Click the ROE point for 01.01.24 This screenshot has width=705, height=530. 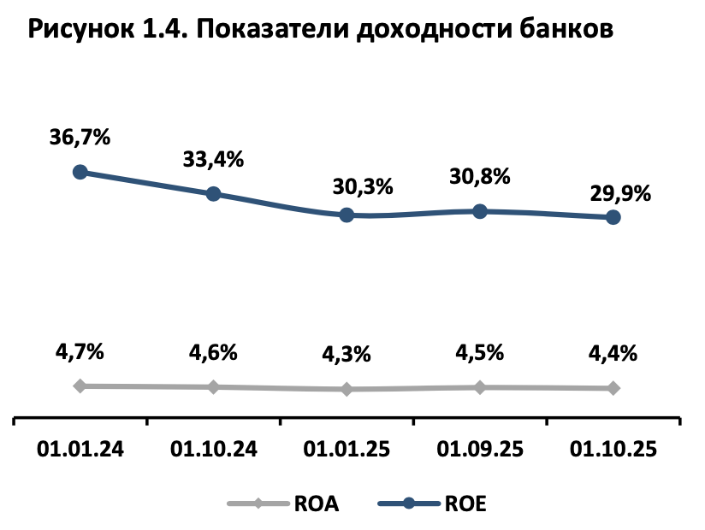point(80,172)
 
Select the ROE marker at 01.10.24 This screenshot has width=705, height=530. point(214,194)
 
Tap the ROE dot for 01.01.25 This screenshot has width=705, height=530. point(347,215)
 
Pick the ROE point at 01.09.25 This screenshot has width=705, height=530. point(480,211)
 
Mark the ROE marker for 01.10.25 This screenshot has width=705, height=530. point(613,218)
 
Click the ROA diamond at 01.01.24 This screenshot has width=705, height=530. point(80,386)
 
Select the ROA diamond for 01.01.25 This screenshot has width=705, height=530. point(347,389)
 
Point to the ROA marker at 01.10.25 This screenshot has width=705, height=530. point(613,388)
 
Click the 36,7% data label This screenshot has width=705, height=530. point(80,136)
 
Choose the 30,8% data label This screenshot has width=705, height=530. point(480,176)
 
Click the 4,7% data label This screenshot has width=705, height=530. point(80,350)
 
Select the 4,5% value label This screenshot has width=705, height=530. point(480,352)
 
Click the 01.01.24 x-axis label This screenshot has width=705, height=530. point(80,449)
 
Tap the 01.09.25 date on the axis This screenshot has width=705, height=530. point(480,449)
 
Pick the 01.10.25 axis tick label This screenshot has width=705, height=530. point(613,449)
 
